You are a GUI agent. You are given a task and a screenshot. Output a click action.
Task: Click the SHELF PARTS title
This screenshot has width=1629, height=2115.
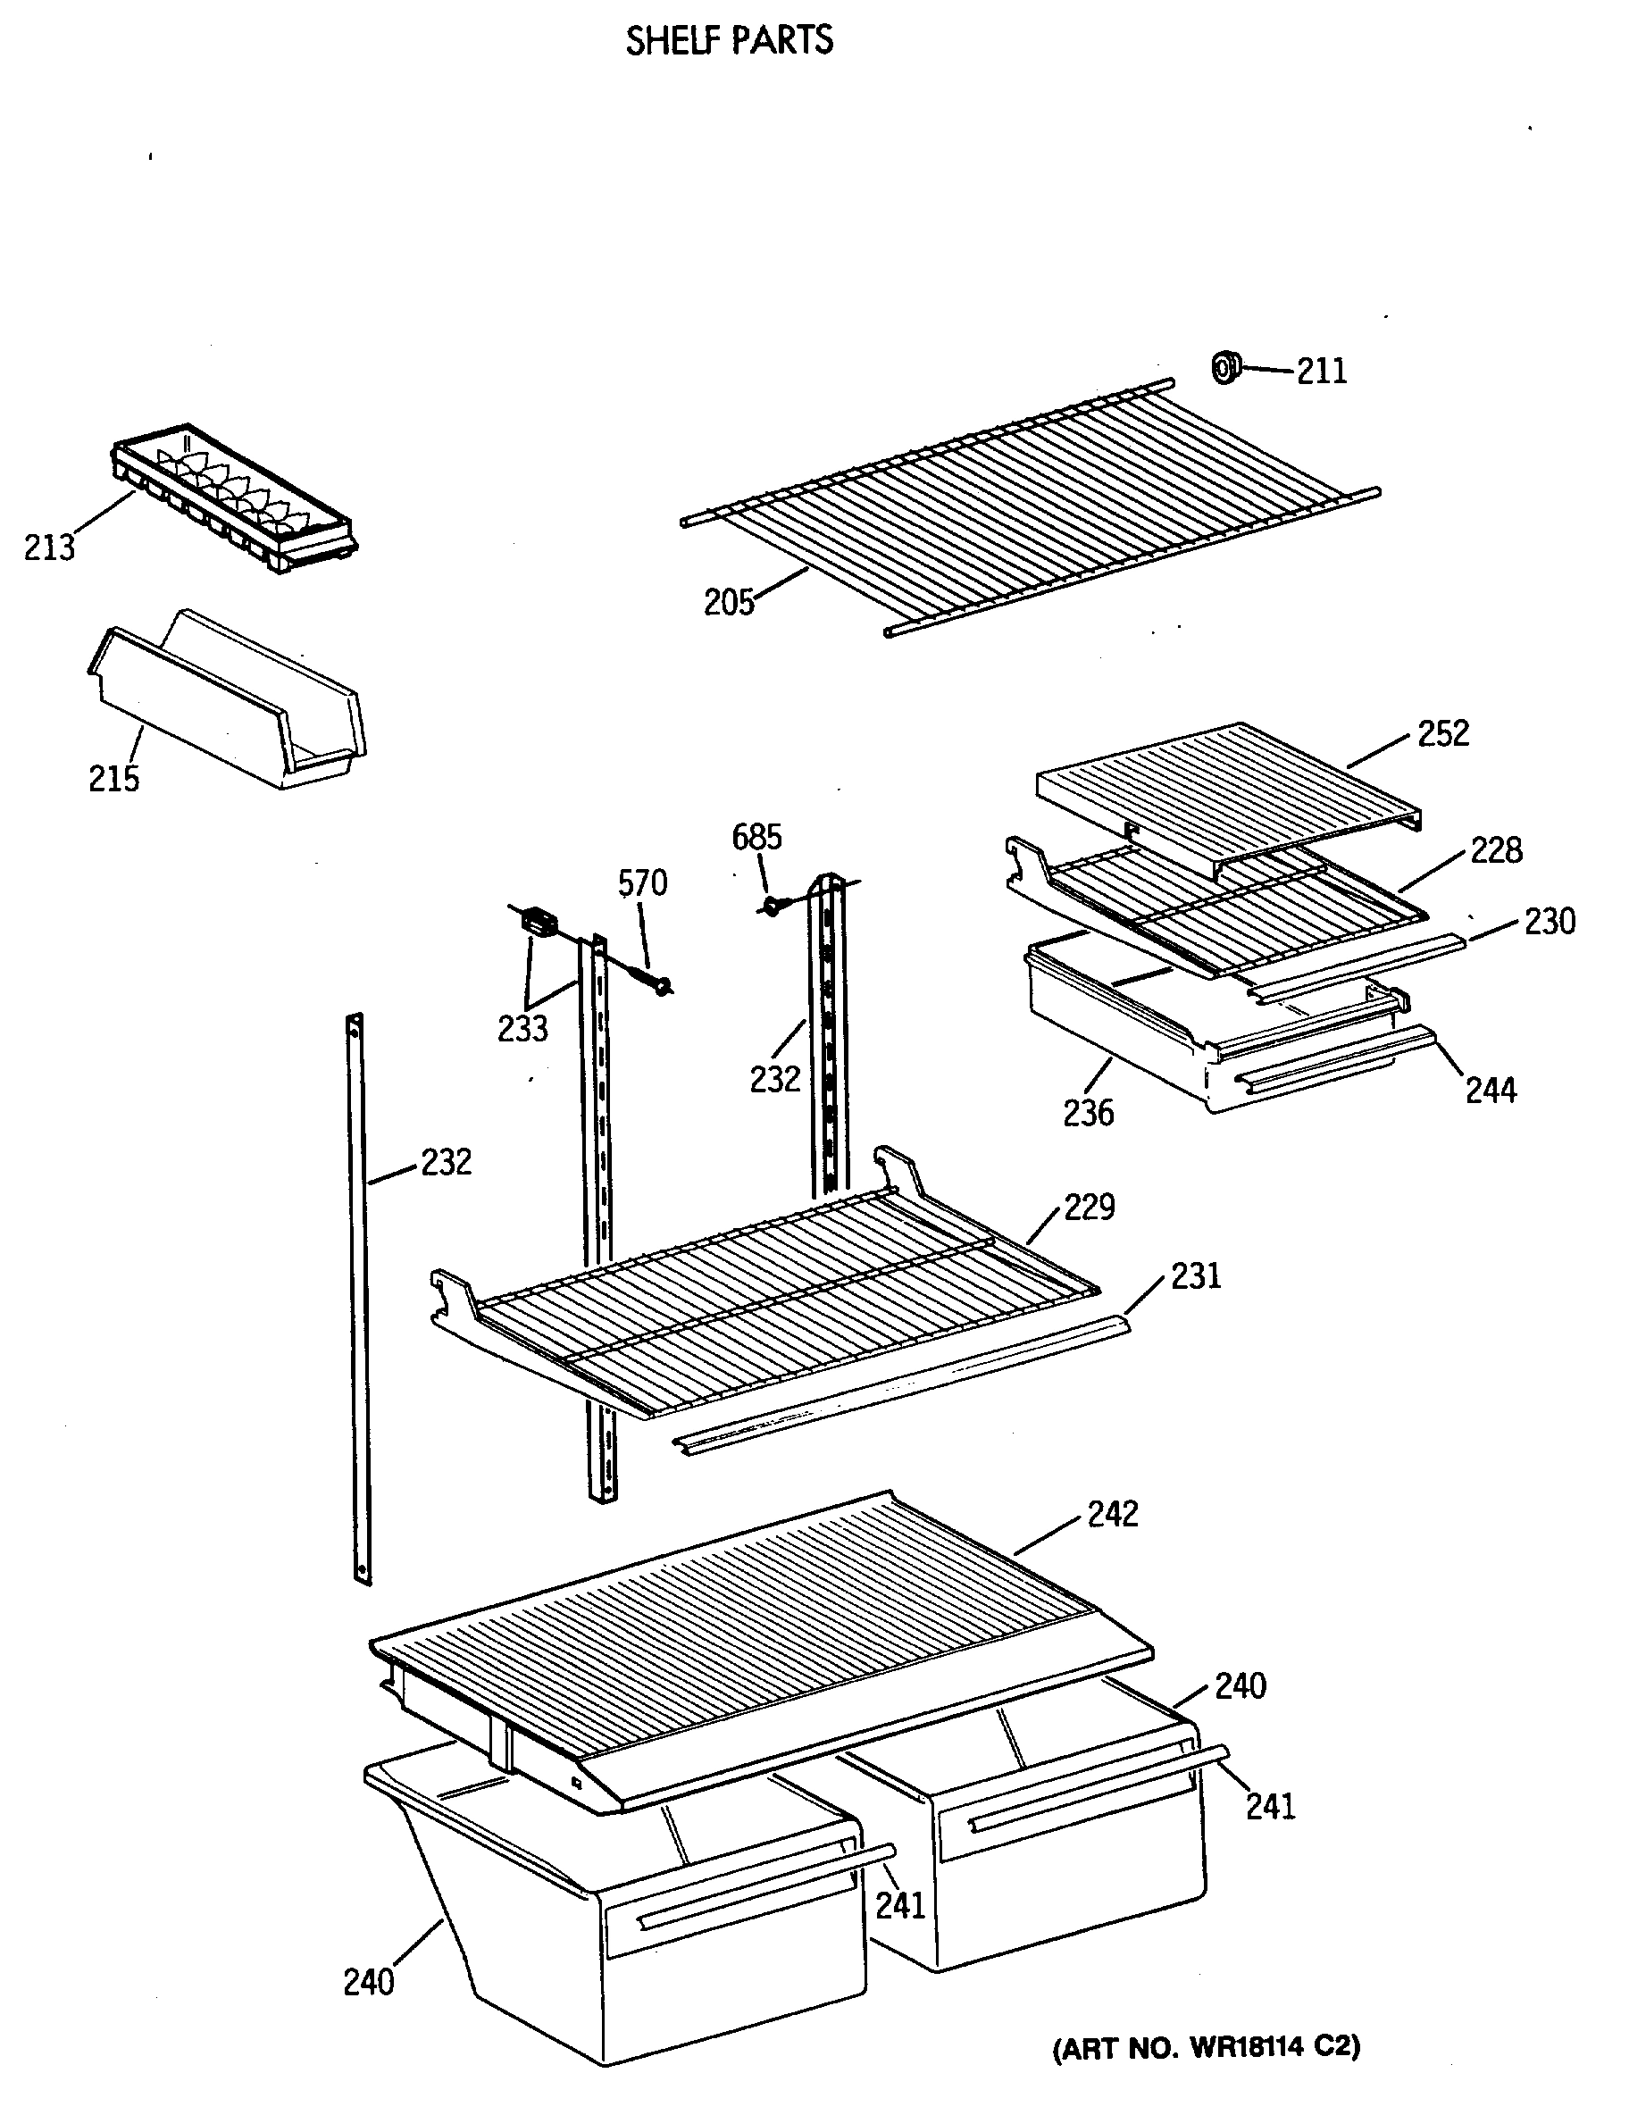pyautogui.click(x=728, y=41)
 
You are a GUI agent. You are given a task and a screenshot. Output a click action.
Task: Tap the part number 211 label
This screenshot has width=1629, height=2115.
pyautogui.click(x=1321, y=371)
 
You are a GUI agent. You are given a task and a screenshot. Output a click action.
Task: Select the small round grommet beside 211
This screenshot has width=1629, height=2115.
pyautogui.click(x=1225, y=368)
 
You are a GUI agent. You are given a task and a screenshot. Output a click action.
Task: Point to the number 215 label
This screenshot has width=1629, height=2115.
pyautogui.click(x=113, y=779)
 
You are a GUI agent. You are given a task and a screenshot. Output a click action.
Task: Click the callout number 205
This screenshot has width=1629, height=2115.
pyautogui.click(x=728, y=602)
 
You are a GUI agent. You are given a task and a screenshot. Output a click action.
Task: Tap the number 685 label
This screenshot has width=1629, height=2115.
pyautogui.click(x=756, y=837)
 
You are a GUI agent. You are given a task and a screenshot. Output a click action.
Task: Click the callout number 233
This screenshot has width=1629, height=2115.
pyautogui.click(x=522, y=1028)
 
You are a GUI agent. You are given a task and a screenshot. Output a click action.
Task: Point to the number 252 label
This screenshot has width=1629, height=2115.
pyautogui.click(x=1443, y=733)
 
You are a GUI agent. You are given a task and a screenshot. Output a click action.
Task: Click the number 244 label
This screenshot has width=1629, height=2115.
pyautogui.click(x=1491, y=1091)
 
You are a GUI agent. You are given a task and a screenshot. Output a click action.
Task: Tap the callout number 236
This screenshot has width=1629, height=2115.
pyautogui.click(x=1088, y=1114)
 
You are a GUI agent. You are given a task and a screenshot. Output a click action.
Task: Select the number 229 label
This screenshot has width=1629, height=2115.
pyautogui.click(x=1090, y=1207)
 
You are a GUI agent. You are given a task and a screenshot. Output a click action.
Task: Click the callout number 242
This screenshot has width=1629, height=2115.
pyautogui.click(x=1113, y=1514)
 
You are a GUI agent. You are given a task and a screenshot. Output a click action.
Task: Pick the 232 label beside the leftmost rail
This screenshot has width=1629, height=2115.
pyautogui.click(x=446, y=1162)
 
